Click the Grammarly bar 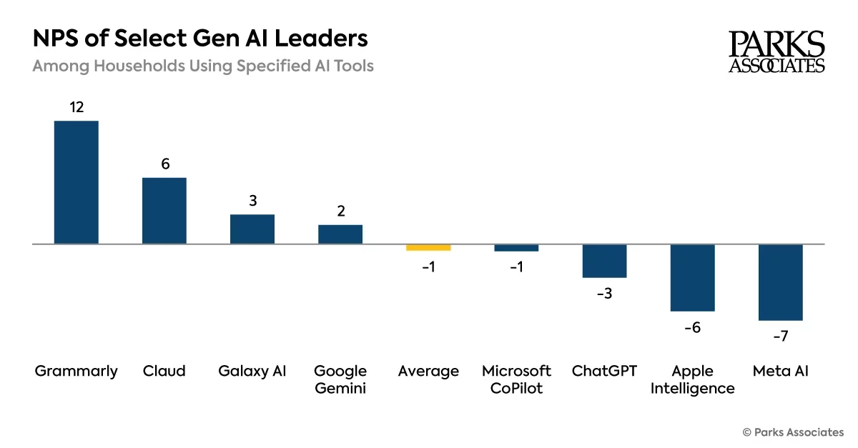[77, 182]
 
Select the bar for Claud [164, 211]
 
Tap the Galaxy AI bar [252, 229]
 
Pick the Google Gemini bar [340, 234]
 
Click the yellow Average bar [428, 247]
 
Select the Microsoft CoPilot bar [516, 247]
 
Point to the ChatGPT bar [604, 261]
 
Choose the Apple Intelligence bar [692, 277]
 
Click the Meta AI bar [780, 282]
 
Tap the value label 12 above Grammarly [77, 107]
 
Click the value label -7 [780, 336]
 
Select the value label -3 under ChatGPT [604, 293]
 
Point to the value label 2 [340, 211]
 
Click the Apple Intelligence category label [692, 379]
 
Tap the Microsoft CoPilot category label [516, 379]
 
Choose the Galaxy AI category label [252, 371]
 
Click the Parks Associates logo [776, 51]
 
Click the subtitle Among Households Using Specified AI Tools [203, 66]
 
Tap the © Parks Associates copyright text [793, 432]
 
